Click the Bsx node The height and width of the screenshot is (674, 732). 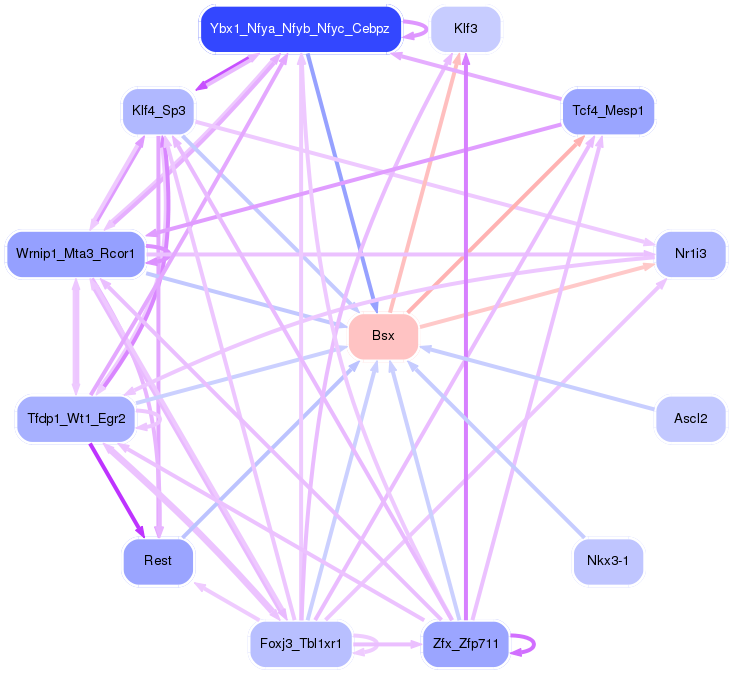pyautogui.click(x=383, y=336)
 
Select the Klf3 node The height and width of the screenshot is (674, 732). pyautogui.click(x=465, y=29)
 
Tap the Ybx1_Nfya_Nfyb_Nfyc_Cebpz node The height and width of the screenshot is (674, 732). pyautogui.click(x=300, y=30)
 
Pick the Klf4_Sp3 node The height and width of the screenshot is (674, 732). pyautogui.click(x=158, y=109)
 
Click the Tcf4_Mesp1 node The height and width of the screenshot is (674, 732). pyautogui.click(x=608, y=109)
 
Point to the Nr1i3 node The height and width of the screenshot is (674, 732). pyautogui.click(x=690, y=254)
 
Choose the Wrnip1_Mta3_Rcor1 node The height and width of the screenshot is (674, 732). pyautogui.click(x=76, y=254)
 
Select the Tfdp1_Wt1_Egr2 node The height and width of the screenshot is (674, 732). pyautogui.click(x=76, y=417)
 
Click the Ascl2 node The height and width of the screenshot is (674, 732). pyautogui.click(x=690, y=417)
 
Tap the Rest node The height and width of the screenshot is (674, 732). pyautogui.click(x=158, y=561)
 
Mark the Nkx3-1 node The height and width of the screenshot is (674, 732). pyautogui.click(x=608, y=561)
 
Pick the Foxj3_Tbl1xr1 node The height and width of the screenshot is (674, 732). pyautogui.click(x=300, y=642)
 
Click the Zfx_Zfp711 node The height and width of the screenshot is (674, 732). pyautogui.click(x=465, y=642)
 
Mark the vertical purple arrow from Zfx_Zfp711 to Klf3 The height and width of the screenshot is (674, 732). pyautogui.click(x=466, y=340)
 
